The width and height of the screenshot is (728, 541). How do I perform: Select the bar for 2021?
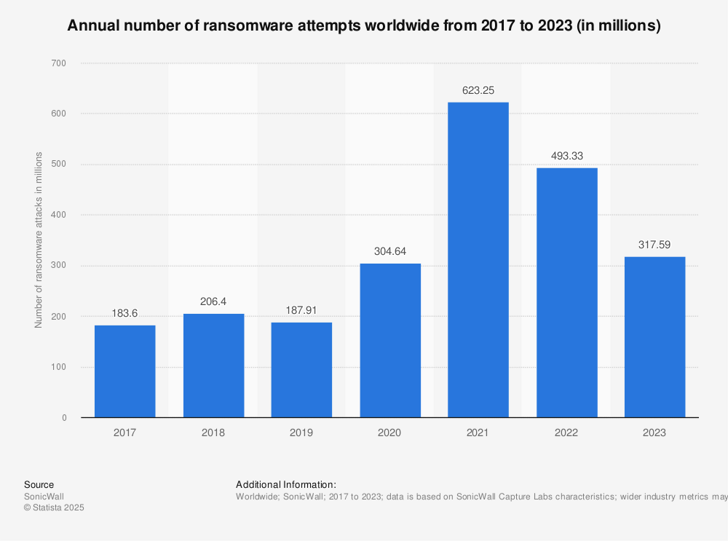click(478, 260)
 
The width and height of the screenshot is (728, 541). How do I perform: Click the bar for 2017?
click(124, 371)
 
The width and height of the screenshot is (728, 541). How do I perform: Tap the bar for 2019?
click(301, 370)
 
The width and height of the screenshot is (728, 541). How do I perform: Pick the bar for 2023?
click(654, 337)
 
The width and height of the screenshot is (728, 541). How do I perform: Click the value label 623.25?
click(478, 91)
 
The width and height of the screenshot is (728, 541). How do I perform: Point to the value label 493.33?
click(566, 157)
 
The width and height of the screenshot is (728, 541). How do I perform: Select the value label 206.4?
click(213, 302)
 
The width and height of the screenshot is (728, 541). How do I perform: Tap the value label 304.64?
click(389, 252)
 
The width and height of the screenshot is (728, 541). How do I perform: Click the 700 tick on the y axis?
click(59, 63)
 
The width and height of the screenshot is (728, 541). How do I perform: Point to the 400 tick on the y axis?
click(59, 215)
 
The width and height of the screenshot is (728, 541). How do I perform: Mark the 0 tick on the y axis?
click(64, 418)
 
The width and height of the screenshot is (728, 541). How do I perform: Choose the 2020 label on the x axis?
click(389, 433)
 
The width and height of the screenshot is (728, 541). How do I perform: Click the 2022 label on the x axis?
click(566, 433)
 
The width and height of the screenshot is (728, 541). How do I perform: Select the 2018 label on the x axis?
click(213, 433)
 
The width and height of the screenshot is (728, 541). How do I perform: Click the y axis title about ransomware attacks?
click(39, 240)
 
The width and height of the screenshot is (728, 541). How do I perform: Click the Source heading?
click(39, 484)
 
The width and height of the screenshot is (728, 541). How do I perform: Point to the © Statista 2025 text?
click(54, 508)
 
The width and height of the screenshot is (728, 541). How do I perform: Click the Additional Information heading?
click(285, 484)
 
